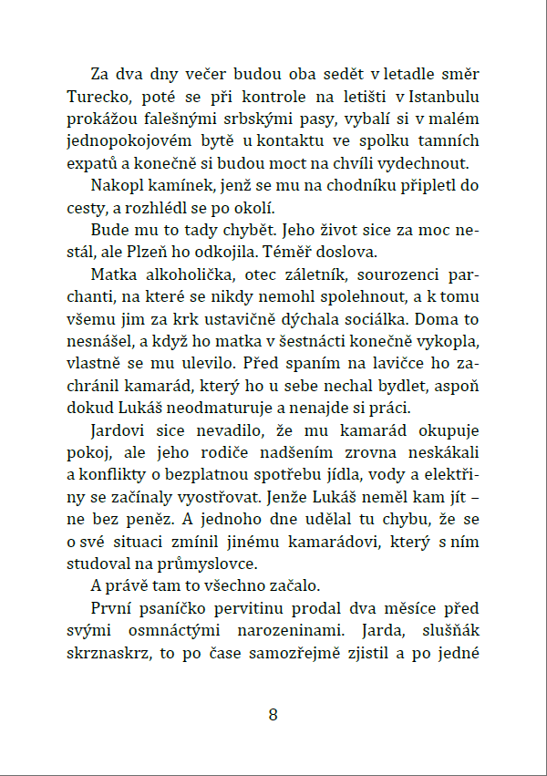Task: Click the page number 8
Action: coord(273,715)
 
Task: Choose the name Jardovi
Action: coord(122,430)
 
